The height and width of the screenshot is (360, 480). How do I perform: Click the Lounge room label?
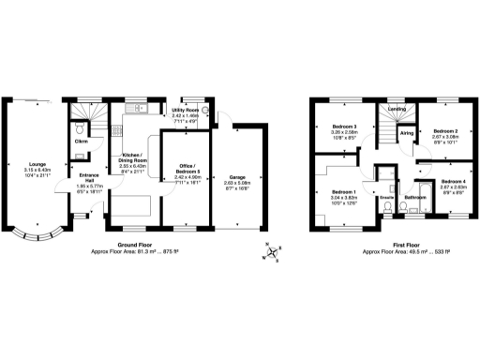[x=38, y=163]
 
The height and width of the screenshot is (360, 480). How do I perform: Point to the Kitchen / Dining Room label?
[x=138, y=158]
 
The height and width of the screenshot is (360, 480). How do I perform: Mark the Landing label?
[x=396, y=109]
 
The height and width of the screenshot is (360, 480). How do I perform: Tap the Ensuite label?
[x=384, y=198]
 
